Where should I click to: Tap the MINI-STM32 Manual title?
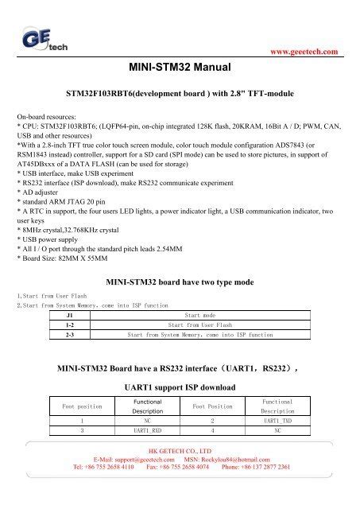point(180,70)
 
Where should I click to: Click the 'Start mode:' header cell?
point(200,315)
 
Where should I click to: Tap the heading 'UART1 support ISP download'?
point(180,387)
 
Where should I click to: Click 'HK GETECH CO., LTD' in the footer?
point(180,450)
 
